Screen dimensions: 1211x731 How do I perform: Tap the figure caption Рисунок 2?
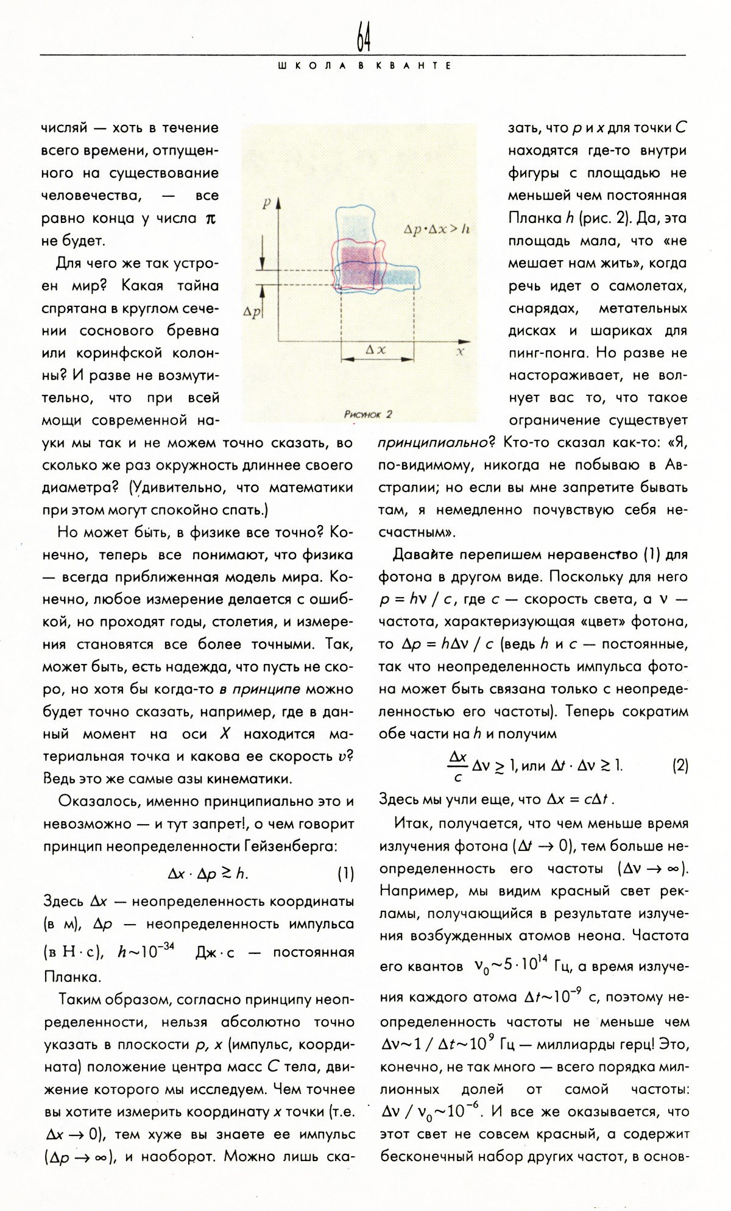pos(368,414)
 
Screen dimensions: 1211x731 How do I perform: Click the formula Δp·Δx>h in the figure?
pos(436,230)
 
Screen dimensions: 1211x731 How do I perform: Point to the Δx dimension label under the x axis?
pos(375,350)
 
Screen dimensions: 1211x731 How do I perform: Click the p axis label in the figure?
pos(266,204)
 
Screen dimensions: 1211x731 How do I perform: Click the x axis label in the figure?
pos(461,351)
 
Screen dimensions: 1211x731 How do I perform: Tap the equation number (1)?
pos(345,874)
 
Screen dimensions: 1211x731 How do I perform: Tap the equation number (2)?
pos(680,766)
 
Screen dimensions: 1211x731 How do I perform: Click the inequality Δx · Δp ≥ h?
pos(208,874)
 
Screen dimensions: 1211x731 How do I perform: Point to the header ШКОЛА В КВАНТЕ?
pos(364,66)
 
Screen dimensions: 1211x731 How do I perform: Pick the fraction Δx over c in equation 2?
pos(457,766)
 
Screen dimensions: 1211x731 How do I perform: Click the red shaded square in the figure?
pos(359,262)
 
